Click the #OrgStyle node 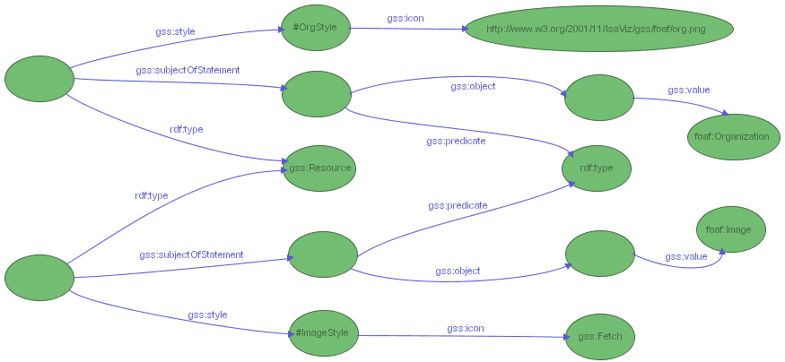point(315,27)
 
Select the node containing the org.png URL point(598,29)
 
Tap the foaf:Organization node point(731,137)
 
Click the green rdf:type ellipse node point(597,168)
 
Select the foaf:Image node point(730,229)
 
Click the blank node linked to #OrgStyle point(39,79)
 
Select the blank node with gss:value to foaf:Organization point(598,97)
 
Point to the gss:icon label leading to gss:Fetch point(466,328)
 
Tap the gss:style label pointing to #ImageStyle point(207,315)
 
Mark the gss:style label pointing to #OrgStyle point(175,32)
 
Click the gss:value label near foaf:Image point(686,256)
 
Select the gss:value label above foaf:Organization point(689,90)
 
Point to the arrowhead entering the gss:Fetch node point(565,338)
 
